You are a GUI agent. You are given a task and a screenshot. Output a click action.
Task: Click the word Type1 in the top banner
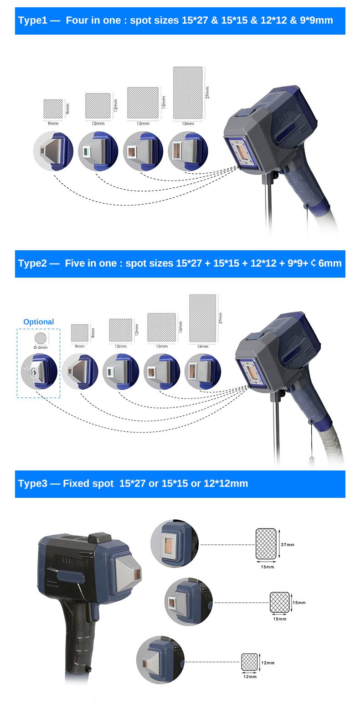click(x=31, y=21)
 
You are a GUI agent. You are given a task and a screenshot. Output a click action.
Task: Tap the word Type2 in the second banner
click(x=31, y=264)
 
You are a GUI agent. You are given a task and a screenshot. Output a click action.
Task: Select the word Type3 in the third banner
click(x=32, y=484)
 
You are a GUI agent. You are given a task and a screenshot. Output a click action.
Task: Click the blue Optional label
click(x=39, y=322)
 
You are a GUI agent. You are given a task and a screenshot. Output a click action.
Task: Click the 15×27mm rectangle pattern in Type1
click(x=188, y=93)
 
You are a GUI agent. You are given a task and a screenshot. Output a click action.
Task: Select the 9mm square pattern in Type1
click(x=53, y=109)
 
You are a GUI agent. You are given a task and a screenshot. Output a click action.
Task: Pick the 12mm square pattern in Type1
click(x=98, y=106)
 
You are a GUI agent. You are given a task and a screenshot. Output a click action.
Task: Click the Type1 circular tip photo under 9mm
click(x=53, y=151)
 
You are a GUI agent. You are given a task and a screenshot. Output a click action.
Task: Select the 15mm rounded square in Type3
click(x=280, y=602)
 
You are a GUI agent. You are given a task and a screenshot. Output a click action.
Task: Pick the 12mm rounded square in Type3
click(x=249, y=662)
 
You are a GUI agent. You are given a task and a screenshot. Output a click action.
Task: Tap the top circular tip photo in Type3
click(x=175, y=543)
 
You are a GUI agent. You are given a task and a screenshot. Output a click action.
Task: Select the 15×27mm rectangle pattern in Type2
click(x=203, y=318)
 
